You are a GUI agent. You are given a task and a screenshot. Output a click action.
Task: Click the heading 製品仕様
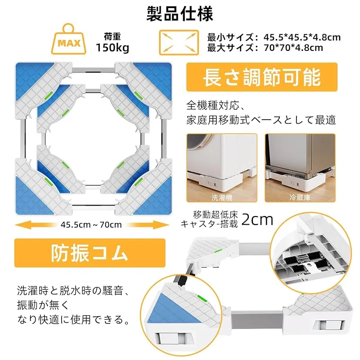click(180, 14)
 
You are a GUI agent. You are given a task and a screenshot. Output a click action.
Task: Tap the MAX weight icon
click(69, 39)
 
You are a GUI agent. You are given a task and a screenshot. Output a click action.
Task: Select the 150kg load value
click(112, 48)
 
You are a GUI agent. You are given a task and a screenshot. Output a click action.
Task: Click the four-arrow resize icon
click(179, 42)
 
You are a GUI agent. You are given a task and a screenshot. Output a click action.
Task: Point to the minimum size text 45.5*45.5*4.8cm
click(302, 37)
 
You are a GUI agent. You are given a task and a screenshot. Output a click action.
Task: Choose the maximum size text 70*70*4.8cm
click(293, 48)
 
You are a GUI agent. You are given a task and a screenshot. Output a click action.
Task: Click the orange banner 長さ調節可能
click(262, 77)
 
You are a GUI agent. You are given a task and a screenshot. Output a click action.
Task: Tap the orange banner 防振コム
click(90, 253)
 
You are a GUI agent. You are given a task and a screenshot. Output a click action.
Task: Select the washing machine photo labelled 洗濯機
click(222, 168)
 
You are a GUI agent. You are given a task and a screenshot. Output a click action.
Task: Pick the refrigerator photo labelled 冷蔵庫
click(300, 168)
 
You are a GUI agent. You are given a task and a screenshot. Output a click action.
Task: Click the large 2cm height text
click(257, 220)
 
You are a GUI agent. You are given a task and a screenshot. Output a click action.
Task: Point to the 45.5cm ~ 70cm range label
click(91, 225)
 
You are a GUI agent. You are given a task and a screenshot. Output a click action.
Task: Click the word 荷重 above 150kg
click(112, 36)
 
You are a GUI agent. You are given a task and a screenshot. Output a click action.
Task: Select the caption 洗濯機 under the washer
click(222, 198)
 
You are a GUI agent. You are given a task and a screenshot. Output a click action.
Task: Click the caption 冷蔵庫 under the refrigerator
click(300, 198)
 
